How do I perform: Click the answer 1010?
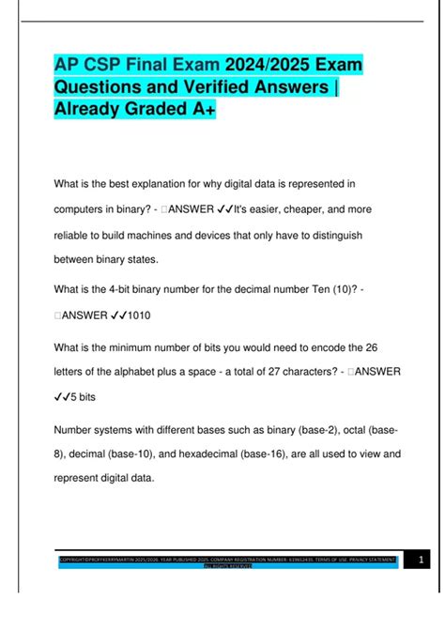142,316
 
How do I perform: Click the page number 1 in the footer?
422,561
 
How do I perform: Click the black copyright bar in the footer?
225,561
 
